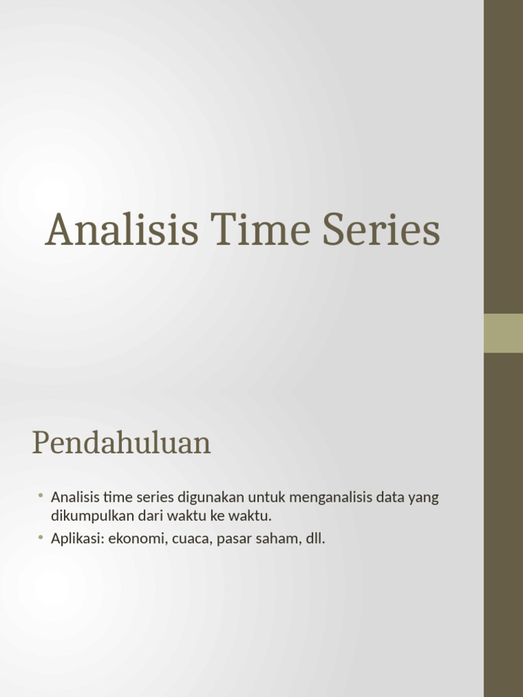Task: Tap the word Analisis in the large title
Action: (x=122, y=230)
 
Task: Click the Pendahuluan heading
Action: (x=121, y=444)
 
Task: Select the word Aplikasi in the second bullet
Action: (x=75, y=539)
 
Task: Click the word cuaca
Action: (x=190, y=539)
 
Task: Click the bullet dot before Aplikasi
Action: (x=41, y=538)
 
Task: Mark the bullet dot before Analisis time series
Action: (x=41, y=496)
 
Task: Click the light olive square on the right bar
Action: (x=503, y=333)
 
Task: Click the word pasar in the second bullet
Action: (x=232, y=539)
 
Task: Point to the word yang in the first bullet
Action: (x=424, y=498)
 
